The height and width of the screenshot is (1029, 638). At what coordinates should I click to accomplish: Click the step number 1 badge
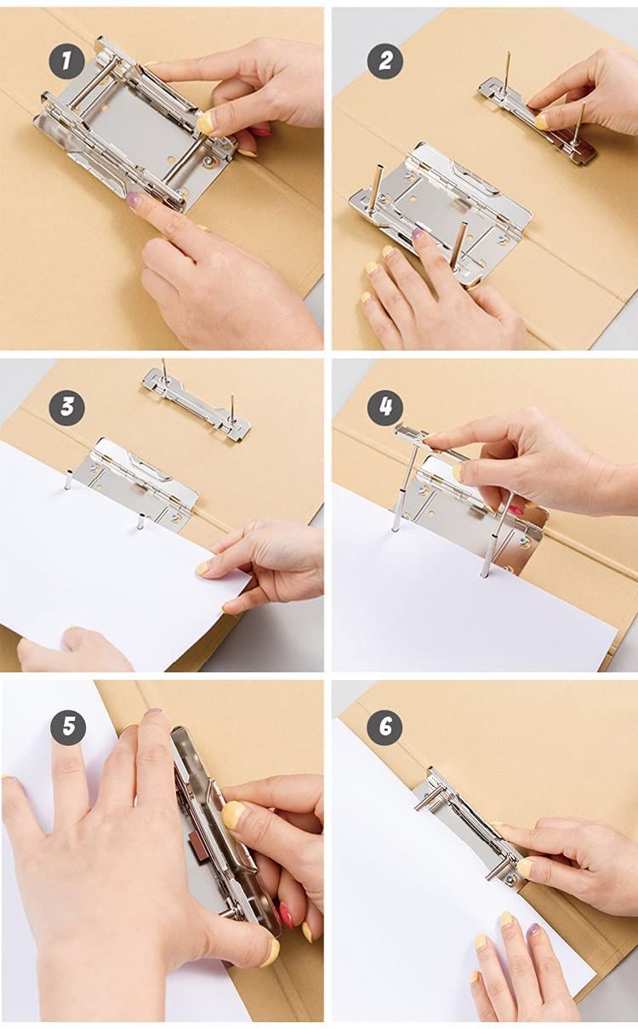pyautogui.click(x=66, y=61)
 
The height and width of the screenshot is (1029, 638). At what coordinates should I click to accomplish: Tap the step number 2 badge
pyautogui.click(x=385, y=61)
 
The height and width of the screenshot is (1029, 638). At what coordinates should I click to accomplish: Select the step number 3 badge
pyautogui.click(x=66, y=408)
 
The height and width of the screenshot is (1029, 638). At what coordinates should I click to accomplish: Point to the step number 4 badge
pyautogui.click(x=385, y=408)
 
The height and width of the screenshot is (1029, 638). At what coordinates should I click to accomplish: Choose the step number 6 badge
pyautogui.click(x=385, y=728)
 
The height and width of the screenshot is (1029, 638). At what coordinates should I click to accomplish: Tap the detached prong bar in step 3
pyautogui.click(x=197, y=404)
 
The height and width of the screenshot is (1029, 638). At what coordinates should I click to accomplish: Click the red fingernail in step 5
pyautogui.click(x=286, y=916)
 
